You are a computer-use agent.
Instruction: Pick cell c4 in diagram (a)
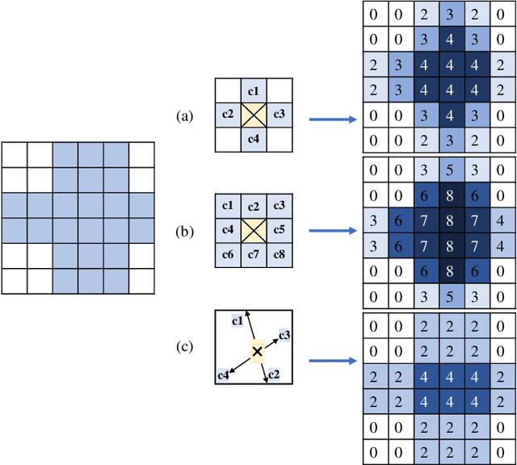tap(254, 140)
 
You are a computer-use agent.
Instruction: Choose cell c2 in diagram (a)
tap(229, 115)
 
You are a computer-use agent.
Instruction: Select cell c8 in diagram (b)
tap(280, 256)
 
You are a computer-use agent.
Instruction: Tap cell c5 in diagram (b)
tap(280, 231)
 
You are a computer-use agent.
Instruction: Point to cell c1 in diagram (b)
tap(229, 206)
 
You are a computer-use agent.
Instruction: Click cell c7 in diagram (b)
tap(254, 256)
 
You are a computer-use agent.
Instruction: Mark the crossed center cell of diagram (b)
tap(254, 231)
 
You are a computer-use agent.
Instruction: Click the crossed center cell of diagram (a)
tap(254, 115)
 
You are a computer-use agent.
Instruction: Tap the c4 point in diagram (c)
tap(223, 374)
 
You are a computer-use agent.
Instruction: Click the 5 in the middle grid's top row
tap(448, 170)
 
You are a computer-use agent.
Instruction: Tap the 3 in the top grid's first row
tap(448, 15)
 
